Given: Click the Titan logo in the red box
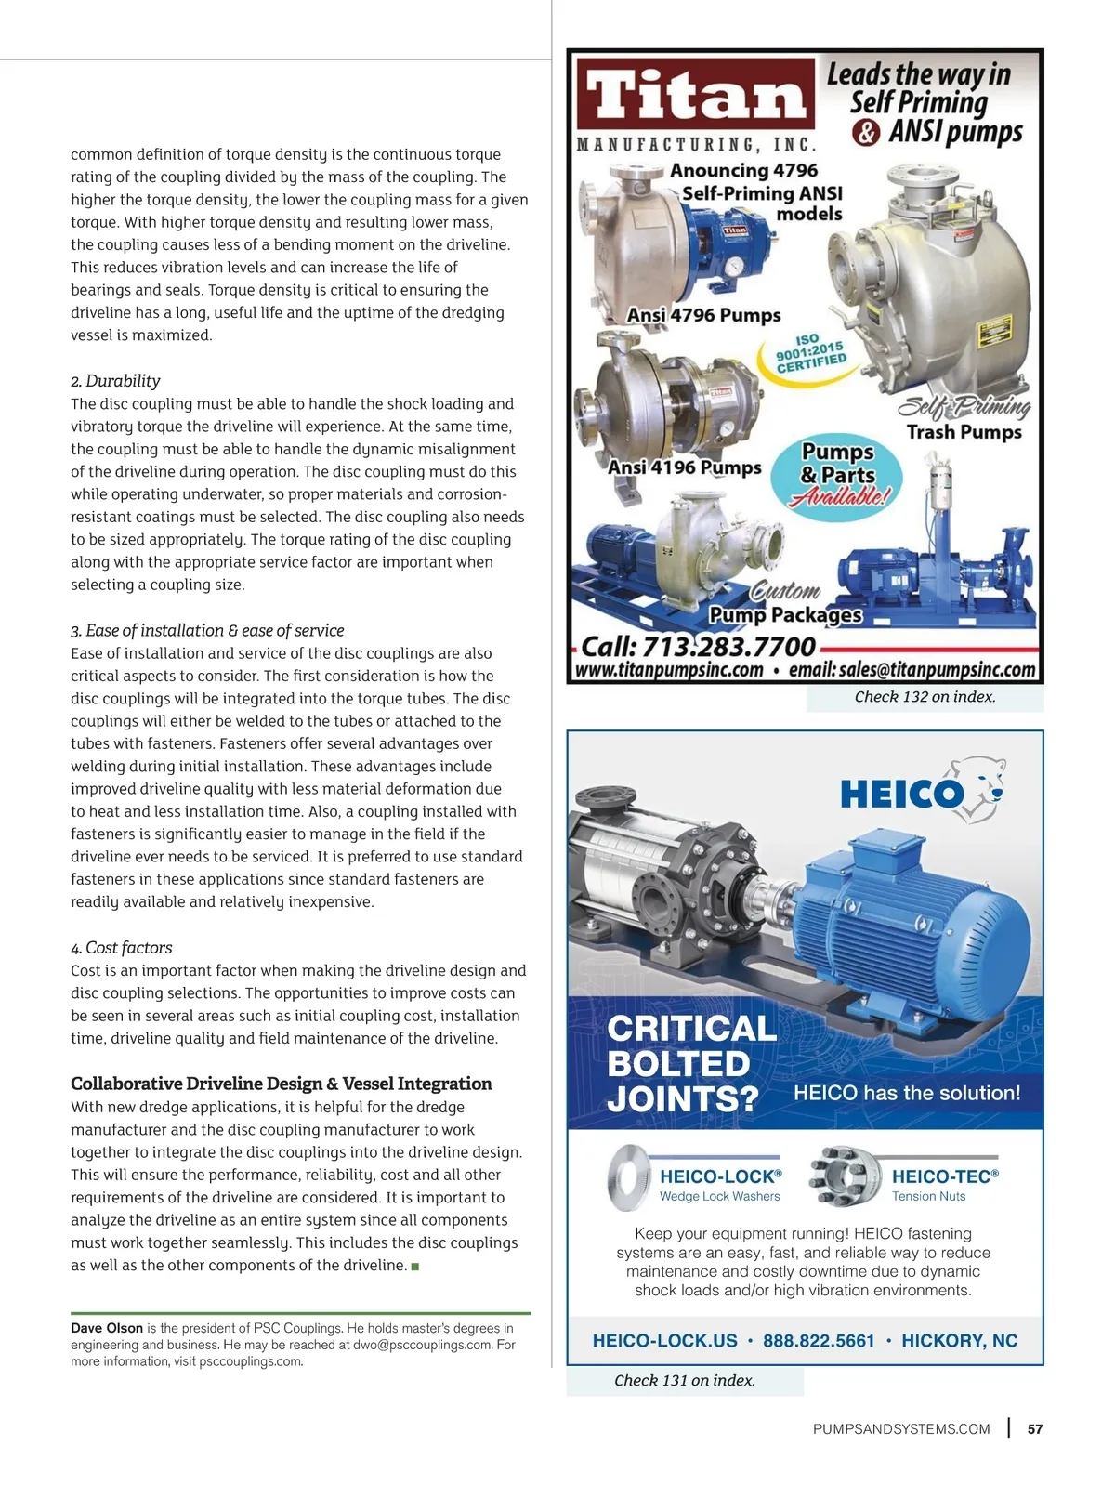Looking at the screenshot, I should (695, 95).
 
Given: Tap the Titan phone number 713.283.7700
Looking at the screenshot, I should (698, 646).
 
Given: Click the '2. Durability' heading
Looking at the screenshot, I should (115, 381).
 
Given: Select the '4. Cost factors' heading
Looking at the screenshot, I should (122, 948).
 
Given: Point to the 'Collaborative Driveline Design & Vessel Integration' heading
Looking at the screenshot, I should (282, 1084).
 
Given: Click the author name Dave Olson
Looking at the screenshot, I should (107, 1328).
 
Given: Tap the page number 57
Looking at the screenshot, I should (1035, 1429).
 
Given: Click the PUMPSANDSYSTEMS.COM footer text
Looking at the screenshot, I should (901, 1429).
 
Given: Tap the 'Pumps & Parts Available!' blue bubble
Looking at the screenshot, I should (838, 475).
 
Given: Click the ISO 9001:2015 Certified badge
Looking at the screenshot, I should (811, 353).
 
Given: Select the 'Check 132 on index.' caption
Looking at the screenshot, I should (925, 697).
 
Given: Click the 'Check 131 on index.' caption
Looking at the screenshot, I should (685, 1381).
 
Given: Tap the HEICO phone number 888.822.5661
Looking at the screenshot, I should (819, 1341).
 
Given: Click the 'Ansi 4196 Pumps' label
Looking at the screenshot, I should (685, 467).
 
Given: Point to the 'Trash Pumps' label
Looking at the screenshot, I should (964, 432).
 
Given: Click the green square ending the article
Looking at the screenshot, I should (414, 1267).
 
